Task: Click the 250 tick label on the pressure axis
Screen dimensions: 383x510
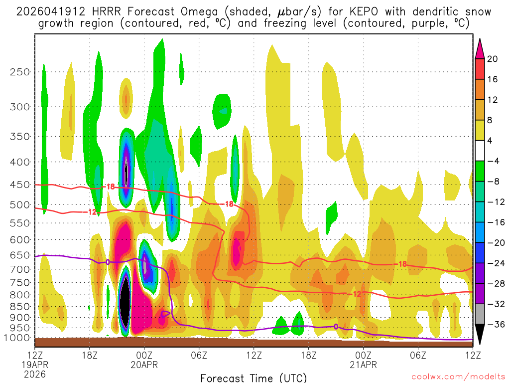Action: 20,72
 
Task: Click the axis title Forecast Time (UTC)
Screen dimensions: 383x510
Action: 254,378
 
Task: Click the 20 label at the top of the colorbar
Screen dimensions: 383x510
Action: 493,59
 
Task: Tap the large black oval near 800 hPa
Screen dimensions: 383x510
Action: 126,302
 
